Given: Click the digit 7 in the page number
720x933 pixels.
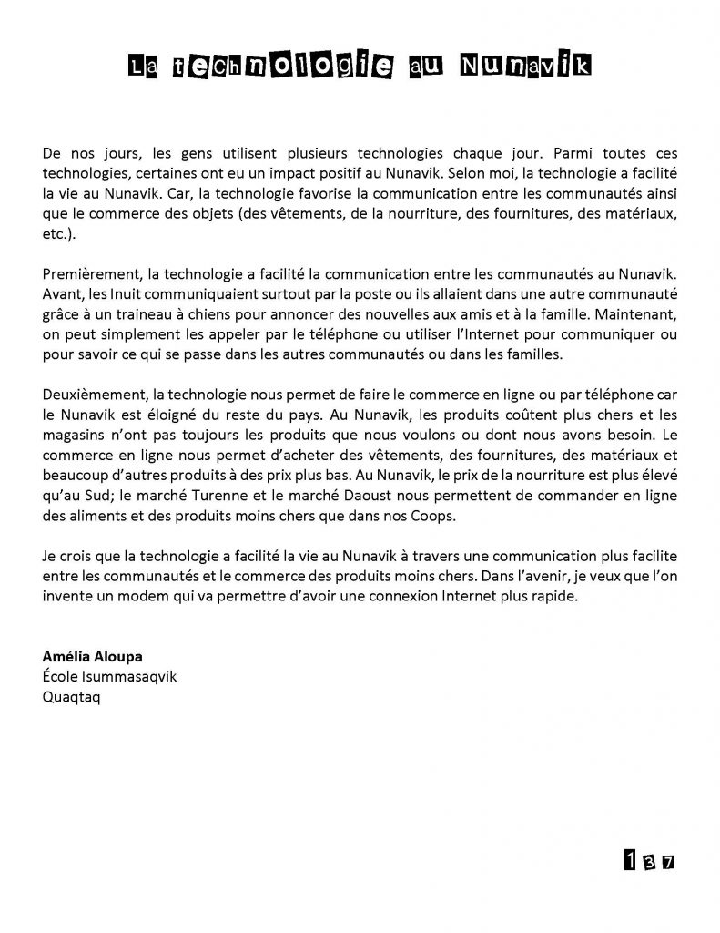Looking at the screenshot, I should coord(668,861).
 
